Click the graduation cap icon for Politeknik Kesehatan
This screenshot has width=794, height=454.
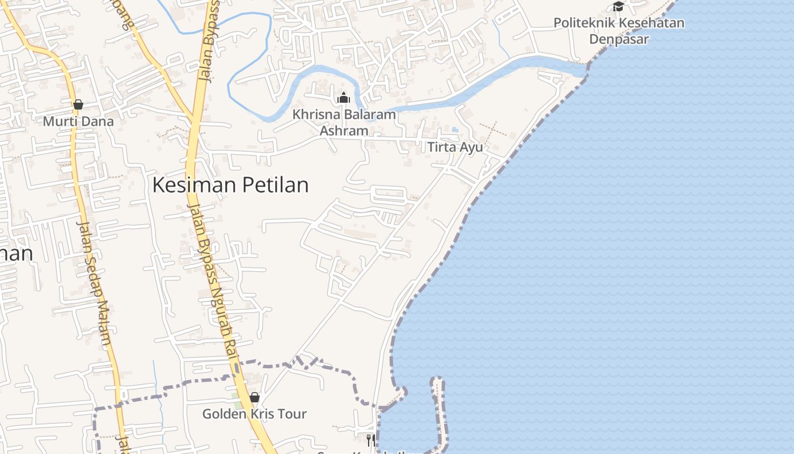click(x=618, y=7)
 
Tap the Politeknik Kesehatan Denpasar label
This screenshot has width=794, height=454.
click(x=618, y=31)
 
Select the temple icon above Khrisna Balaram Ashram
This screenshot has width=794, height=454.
click(x=343, y=98)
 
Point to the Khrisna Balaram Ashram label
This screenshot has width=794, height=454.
click(x=344, y=123)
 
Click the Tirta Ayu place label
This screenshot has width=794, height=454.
click(x=455, y=148)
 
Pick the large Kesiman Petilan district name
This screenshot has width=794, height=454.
click(x=230, y=186)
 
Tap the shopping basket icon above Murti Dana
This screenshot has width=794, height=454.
click(x=78, y=104)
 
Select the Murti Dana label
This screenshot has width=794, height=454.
click(x=78, y=121)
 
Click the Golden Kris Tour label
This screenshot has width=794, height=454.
click(x=254, y=414)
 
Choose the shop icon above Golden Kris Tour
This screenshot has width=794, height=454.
click(x=254, y=397)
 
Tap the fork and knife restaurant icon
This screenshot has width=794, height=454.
click(x=370, y=439)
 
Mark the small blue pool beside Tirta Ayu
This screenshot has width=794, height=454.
click(x=455, y=130)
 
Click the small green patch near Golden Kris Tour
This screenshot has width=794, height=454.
click(x=236, y=396)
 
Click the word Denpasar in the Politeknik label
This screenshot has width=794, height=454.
click(x=618, y=39)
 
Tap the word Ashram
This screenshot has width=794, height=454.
click(x=344, y=131)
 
